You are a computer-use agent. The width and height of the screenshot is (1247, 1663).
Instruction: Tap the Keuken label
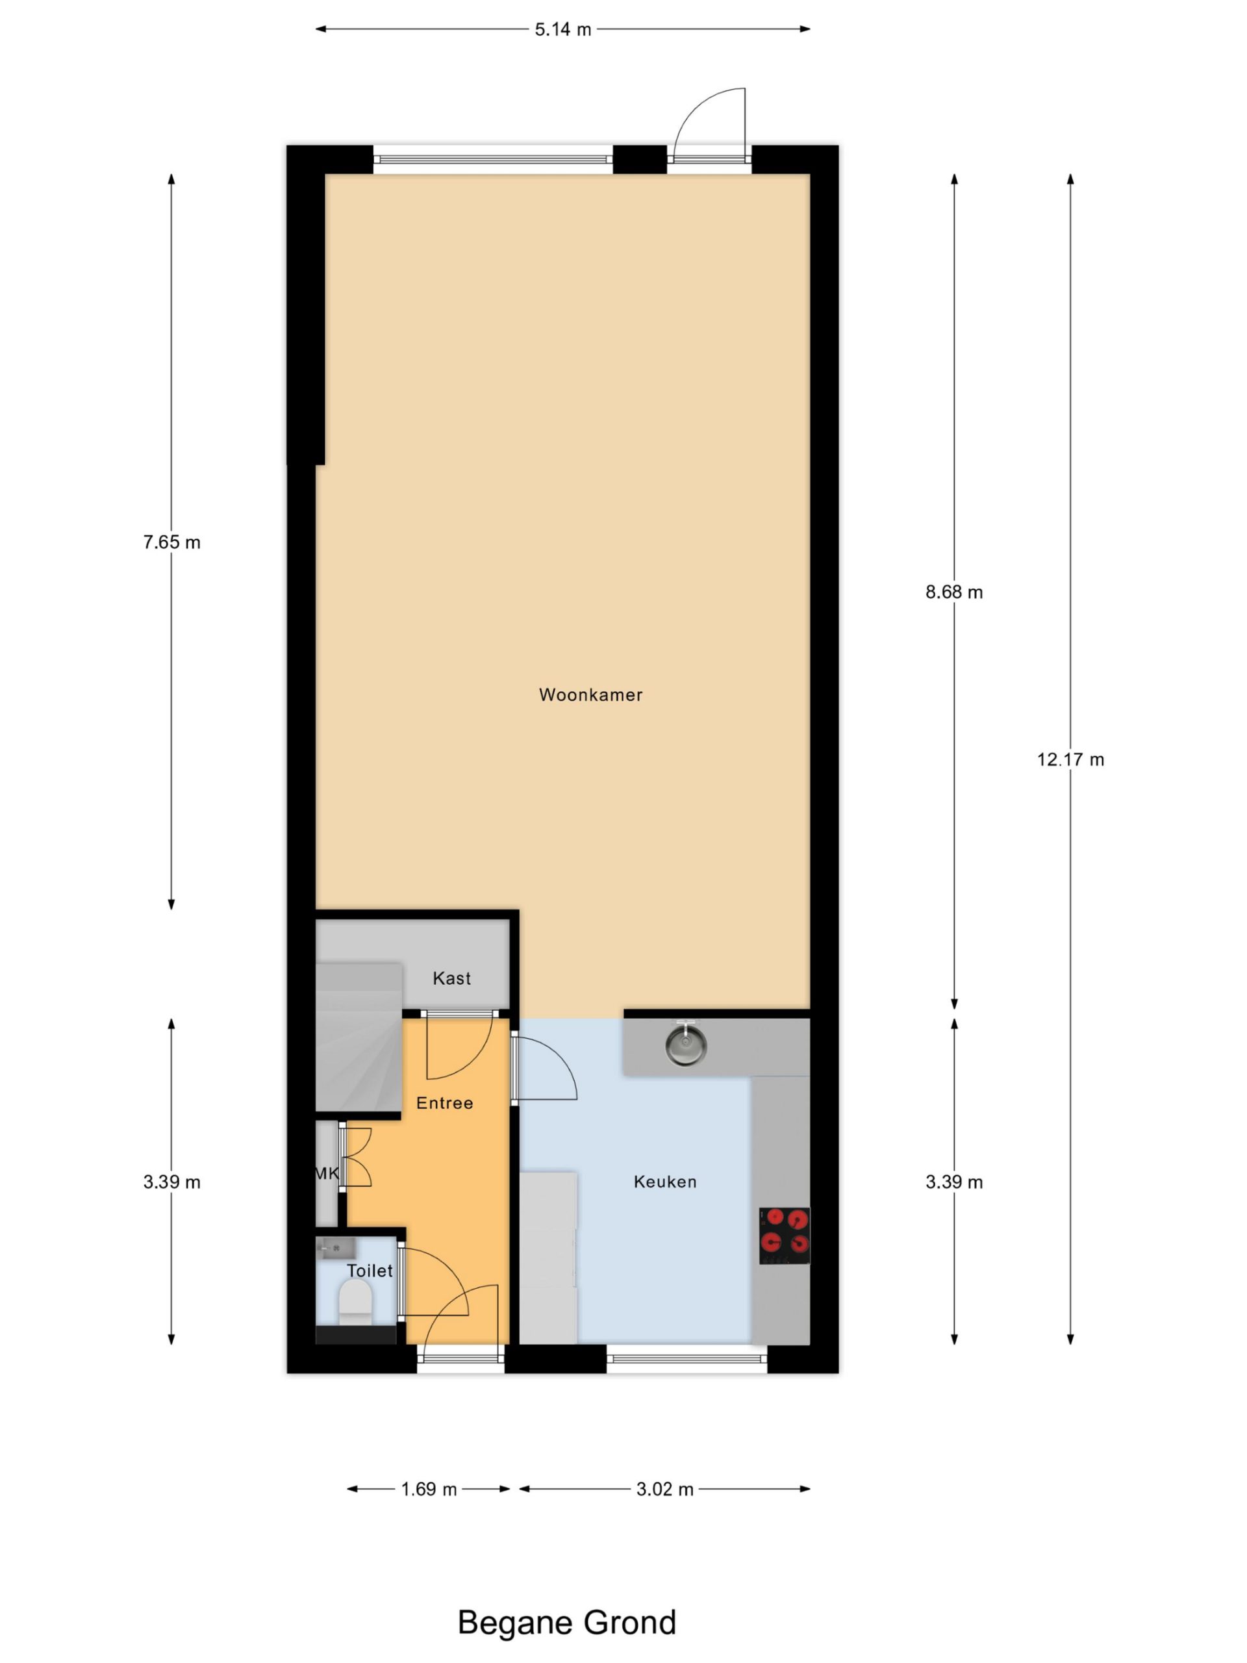664,1182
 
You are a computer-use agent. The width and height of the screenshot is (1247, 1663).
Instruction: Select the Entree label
444,1103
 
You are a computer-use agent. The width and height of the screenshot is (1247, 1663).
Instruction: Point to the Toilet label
369,1271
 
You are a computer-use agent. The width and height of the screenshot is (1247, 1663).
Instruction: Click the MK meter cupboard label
327,1173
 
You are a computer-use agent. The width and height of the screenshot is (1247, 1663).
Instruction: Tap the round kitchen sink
685,1046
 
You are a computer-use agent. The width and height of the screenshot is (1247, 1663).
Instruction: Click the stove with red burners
784,1236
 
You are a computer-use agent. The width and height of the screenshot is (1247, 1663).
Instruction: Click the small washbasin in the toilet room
335,1249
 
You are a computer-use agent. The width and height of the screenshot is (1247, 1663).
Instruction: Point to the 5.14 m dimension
563,29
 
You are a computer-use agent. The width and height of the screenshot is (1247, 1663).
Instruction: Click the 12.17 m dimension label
1070,759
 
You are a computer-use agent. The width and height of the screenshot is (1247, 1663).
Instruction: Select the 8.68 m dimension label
954,592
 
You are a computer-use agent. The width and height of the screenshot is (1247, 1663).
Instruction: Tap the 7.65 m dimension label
171,542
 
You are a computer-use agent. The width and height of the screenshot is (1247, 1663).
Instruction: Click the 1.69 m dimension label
429,1490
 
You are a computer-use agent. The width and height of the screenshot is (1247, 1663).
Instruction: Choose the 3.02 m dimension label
664,1490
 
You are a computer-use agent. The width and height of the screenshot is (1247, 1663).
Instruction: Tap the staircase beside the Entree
359,1037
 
